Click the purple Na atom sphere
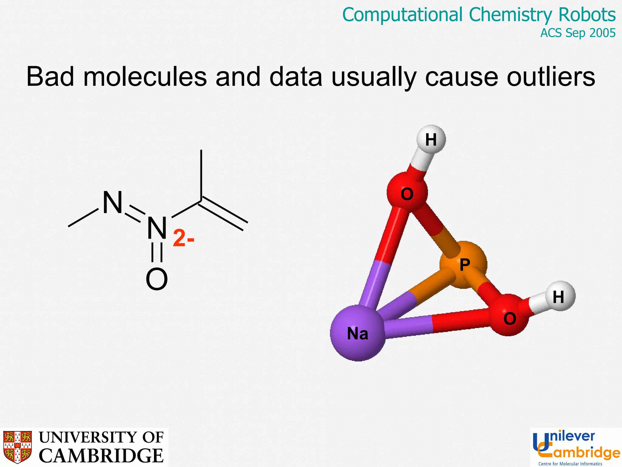358,333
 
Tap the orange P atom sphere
463,265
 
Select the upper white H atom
431,140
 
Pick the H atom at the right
559,296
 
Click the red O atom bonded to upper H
407,193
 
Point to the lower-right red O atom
509,316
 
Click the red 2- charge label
183,238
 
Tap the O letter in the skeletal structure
157,279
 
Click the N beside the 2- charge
157,228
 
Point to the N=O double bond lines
157,252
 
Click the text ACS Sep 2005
578,33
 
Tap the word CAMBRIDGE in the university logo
101,455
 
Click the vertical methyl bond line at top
201,175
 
